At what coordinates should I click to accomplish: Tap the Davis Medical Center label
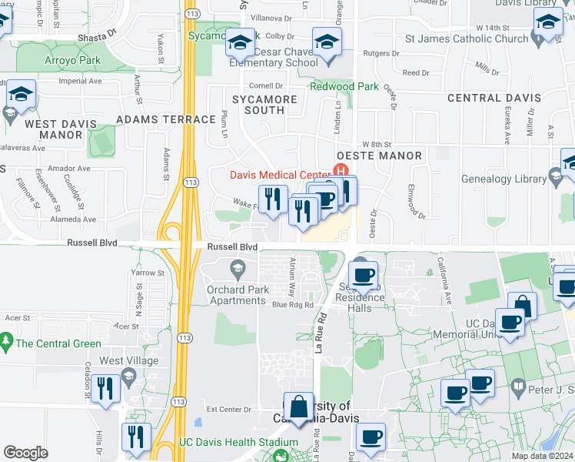pos(280,176)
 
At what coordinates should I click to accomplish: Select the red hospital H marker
pos(337,170)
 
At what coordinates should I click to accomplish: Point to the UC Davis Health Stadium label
pos(238,442)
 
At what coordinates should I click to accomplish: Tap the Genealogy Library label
pos(504,179)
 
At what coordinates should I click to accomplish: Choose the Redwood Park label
pos(344,86)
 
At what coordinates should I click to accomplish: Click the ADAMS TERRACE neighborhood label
pos(165,119)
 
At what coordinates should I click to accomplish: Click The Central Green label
pos(58,343)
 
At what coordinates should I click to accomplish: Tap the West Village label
pos(128,360)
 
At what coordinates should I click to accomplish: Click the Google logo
pos(25,453)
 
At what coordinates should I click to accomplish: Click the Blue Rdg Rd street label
pos(292,305)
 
